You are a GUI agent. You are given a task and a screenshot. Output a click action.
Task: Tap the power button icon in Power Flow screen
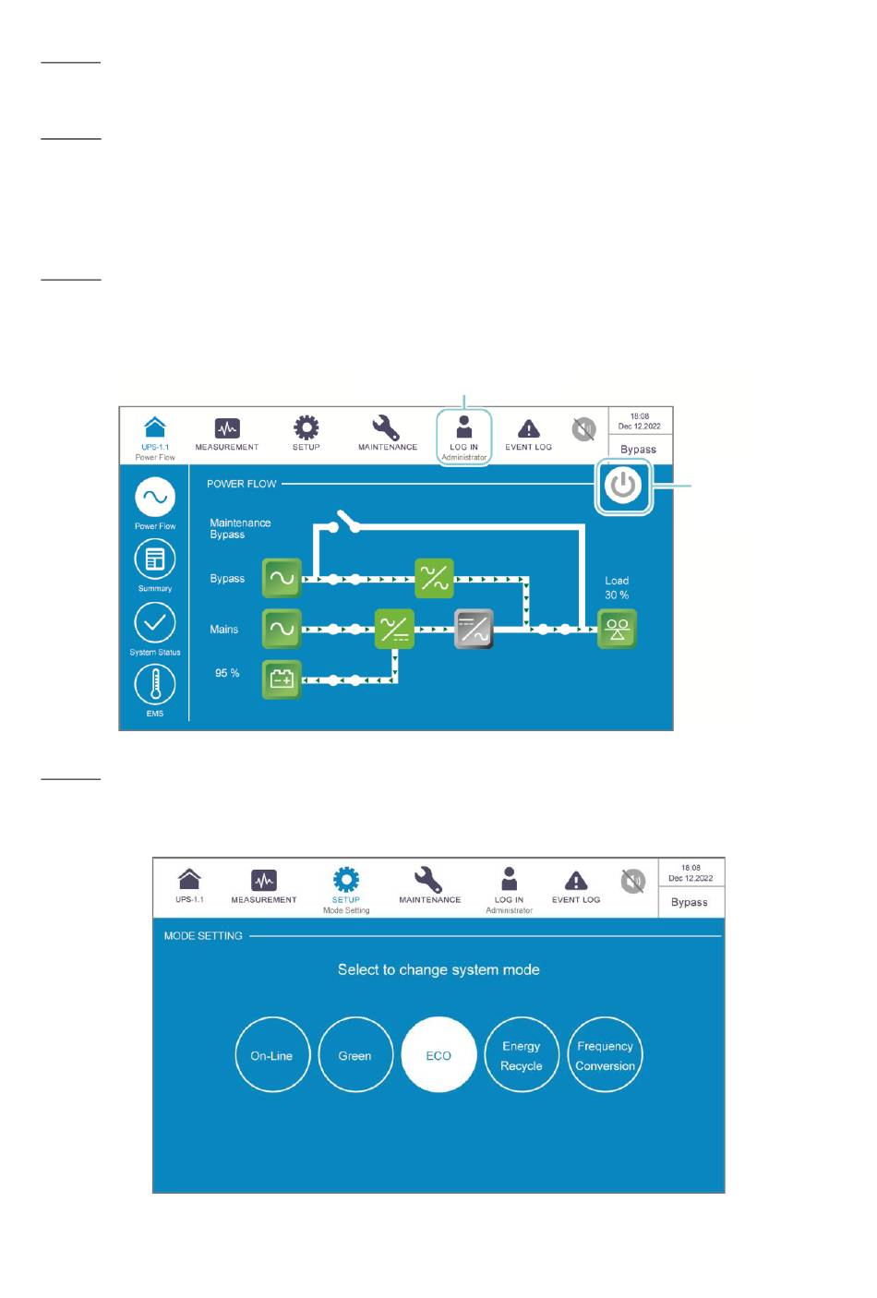[624, 486]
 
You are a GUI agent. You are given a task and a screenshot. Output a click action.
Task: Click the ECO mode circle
[438, 1055]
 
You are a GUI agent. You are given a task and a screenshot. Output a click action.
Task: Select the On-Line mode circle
[271, 1055]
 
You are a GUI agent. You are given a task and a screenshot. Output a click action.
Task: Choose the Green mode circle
[354, 1055]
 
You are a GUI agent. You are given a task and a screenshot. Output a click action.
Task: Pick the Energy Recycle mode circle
[522, 1055]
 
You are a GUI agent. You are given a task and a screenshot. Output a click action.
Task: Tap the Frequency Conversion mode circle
[605, 1055]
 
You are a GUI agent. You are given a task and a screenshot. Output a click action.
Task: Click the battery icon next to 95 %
[282, 680]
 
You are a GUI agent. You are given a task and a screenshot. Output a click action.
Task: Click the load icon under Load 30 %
[617, 630]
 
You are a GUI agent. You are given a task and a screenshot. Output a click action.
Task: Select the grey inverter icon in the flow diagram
[475, 630]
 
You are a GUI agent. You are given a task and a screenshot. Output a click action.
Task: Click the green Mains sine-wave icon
[282, 630]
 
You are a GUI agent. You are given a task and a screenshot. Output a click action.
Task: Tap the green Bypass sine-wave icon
[282, 579]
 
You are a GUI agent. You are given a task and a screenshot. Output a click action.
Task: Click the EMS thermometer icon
[155, 685]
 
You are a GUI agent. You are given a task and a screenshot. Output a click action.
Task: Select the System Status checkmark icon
[155, 622]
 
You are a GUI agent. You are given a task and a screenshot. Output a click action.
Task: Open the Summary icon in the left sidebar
[155, 559]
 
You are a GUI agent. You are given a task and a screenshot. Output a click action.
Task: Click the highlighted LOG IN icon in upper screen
[464, 427]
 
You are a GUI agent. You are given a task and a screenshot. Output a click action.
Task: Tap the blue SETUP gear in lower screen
[346, 879]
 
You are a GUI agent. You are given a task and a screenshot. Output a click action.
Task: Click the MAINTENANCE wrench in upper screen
[386, 427]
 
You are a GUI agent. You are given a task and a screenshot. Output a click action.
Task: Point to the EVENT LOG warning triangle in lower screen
[576, 881]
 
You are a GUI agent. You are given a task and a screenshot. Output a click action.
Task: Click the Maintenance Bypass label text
[240, 528]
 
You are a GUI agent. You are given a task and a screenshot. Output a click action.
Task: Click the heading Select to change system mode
[438, 969]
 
